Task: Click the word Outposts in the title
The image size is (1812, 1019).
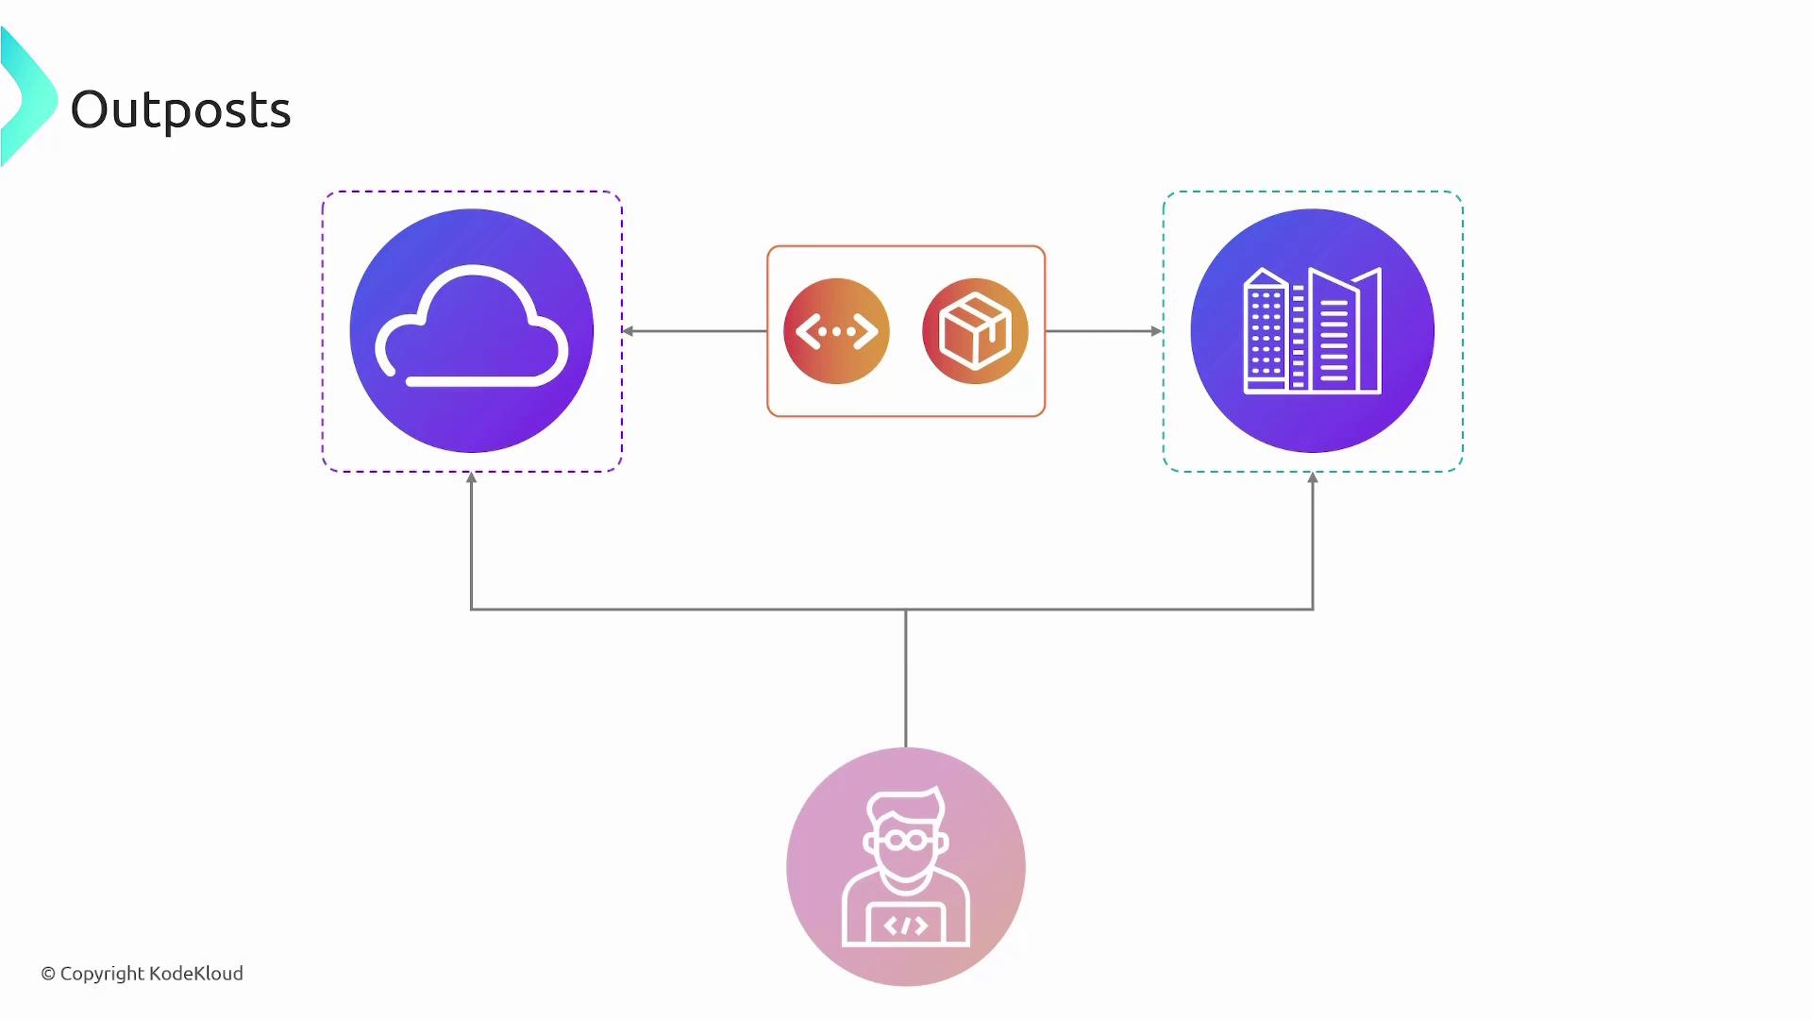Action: (180, 110)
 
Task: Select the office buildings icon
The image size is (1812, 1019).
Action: (1313, 330)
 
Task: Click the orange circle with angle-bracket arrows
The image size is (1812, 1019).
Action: (836, 331)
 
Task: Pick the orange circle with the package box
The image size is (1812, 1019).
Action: (975, 331)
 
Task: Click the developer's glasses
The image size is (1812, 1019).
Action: (907, 839)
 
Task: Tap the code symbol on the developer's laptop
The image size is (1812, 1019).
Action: (906, 927)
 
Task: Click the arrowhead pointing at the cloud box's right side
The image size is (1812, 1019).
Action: (628, 331)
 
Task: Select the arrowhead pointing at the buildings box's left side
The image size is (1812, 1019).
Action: (1157, 331)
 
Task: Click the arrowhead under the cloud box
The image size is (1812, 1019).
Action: (472, 478)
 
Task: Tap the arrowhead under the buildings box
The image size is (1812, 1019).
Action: (1313, 478)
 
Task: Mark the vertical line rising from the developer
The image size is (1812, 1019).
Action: (906, 678)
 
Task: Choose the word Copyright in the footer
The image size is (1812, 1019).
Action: (102, 974)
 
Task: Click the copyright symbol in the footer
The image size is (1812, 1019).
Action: (48, 974)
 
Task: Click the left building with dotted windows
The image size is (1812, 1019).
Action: (1266, 331)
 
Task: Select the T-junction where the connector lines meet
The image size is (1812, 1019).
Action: (906, 610)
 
